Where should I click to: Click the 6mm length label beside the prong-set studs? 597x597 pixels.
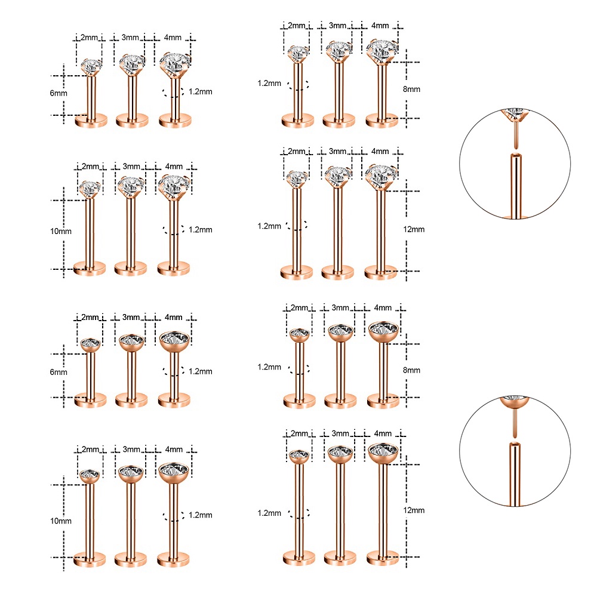point(59,93)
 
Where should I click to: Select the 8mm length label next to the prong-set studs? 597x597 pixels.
point(411,89)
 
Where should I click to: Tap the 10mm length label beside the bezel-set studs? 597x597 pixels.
point(61,521)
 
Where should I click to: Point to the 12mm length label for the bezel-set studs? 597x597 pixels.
point(414,510)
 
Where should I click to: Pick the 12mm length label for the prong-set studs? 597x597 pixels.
point(414,229)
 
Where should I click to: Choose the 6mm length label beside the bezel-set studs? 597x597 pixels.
point(59,372)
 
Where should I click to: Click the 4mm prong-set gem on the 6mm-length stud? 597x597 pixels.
point(175,64)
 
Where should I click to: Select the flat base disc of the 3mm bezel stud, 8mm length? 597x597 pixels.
point(340,401)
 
